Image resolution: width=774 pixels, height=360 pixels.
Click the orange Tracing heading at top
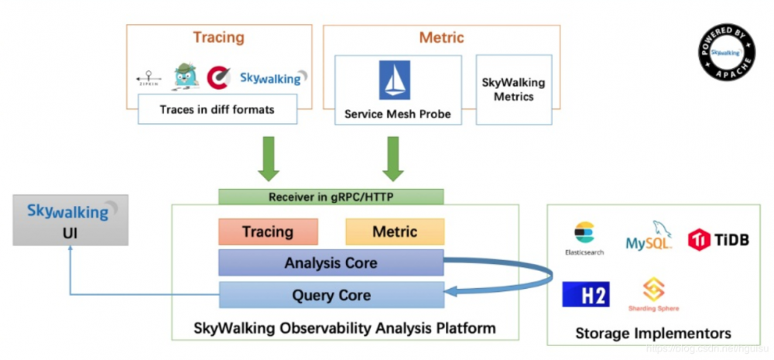click(218, 37)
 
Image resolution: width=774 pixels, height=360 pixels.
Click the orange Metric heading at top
click(441, 37)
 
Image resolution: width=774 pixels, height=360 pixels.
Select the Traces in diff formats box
click(217, 109)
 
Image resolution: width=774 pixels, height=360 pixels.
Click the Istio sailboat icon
click(395, 81)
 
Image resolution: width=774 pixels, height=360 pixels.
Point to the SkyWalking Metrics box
click(513, 90)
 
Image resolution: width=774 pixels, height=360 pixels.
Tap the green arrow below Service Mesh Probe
click(393, 158)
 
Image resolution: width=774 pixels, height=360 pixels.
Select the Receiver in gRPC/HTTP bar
click(330, 197)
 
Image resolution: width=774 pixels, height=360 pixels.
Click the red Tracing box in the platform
click(268, 231)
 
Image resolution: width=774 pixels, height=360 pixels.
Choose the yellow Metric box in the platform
click(395, 231)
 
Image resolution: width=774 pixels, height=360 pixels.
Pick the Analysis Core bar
click(330, 262)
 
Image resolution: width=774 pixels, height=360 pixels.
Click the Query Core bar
click(330, 295)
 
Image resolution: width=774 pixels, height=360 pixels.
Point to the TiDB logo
click(719, 238)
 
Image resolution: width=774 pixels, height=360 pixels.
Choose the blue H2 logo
click(586, 294)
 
